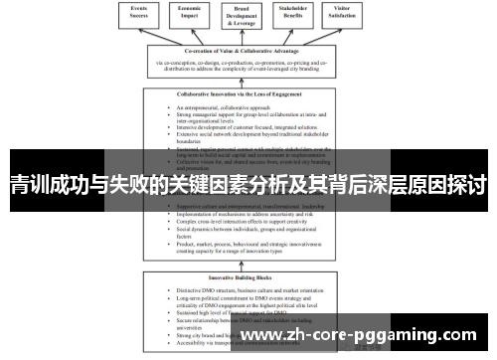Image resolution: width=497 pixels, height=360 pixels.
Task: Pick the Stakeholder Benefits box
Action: point(290,13)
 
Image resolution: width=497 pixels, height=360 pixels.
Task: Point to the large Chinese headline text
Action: point(248,185)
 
